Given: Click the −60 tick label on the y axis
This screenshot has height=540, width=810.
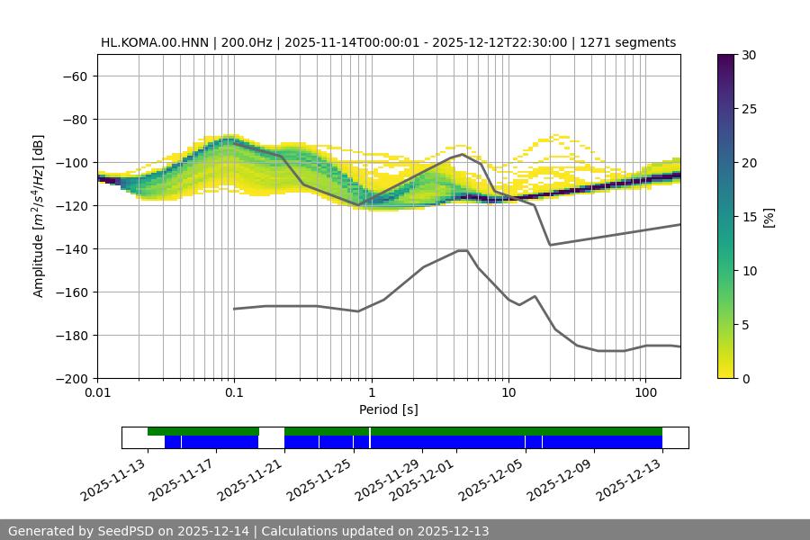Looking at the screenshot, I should click(74, 76).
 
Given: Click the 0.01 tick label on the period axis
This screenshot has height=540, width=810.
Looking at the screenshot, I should click(97, 393).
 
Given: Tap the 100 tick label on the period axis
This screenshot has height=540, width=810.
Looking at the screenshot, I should click(645, 393).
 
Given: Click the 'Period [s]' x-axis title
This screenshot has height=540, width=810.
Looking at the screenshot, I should click(388, 409).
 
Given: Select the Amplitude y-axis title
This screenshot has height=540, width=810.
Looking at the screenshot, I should click(38, 217).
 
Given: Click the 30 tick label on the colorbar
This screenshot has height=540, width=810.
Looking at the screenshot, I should click(749, 55).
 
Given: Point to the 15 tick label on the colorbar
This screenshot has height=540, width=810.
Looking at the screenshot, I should click(749, 217).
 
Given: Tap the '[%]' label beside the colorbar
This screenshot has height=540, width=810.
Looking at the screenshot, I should click(768, 217).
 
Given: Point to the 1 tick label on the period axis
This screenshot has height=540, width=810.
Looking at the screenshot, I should click(371, 393).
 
